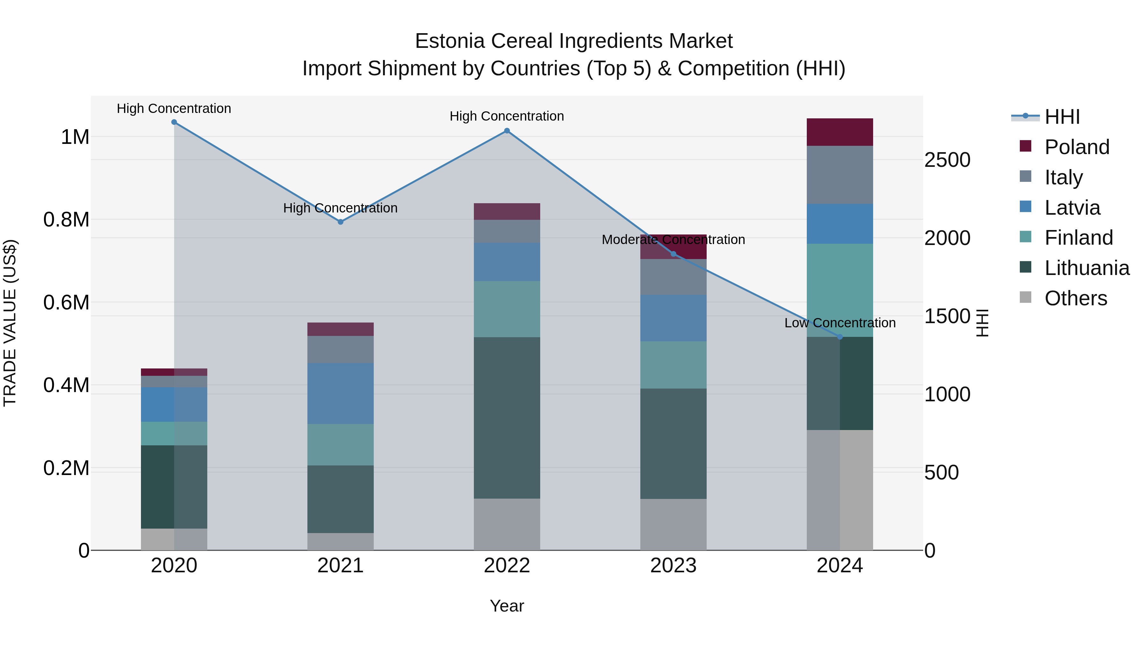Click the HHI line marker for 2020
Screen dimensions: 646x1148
tap(174, 122)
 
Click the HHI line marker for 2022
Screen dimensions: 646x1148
tap(507, 130)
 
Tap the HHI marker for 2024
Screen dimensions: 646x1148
tap(840, 337)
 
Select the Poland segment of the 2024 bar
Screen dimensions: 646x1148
tap(840, 132)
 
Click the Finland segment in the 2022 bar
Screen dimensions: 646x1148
tap(507, 309)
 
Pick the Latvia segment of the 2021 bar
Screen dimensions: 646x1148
tap(341, 393)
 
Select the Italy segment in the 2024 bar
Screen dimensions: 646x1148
tap(840, 175)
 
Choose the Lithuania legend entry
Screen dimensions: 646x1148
tap(1086, 268)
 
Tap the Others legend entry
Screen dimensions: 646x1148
tap(1075, 298)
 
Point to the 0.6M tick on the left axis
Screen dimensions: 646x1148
tap(66, 303)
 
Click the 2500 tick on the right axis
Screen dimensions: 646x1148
tap(947, 160)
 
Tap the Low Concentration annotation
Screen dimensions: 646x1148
tap(840, 323)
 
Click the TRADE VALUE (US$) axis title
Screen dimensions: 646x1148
tap(10, 323)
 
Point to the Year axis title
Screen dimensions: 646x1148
tap(507, 606)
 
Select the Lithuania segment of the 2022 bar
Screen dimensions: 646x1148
tap(507, 417)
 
